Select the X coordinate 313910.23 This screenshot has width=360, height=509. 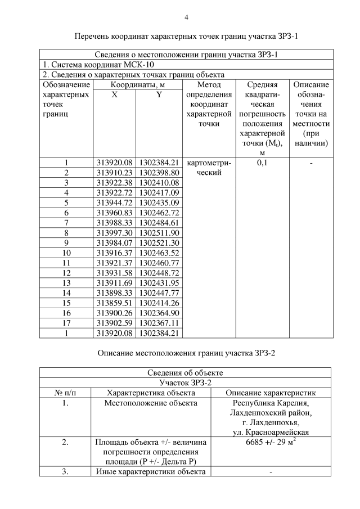114,173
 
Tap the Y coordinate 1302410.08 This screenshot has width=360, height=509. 159,183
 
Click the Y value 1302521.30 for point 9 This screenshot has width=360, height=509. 159,243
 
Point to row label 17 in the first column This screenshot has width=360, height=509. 66,323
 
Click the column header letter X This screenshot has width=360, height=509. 114,95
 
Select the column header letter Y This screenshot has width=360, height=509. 159,95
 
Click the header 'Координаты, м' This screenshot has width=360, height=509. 137,84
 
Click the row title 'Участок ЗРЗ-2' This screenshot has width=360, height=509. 185,382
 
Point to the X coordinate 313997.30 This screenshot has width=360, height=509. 114,233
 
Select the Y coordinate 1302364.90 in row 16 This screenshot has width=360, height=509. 159,313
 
